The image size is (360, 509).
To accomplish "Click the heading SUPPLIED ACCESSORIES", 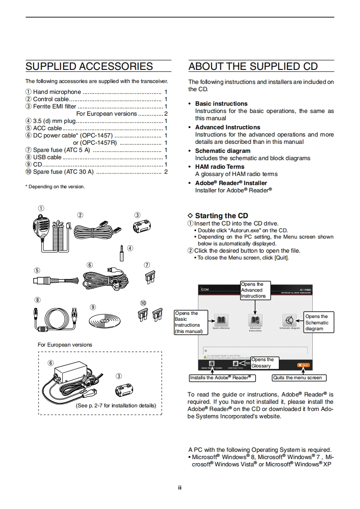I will (x=89, y=66).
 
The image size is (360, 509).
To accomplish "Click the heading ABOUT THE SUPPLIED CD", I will (x=253, y=66).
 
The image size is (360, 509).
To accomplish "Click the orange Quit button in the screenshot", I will (x=303, y=365).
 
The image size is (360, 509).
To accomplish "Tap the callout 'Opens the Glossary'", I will (x=265, y=362).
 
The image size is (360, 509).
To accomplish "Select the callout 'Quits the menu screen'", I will (x=299, y=378).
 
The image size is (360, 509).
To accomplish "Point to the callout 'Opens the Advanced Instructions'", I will (x=255, y=290).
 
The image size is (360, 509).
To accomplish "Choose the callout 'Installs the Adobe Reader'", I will (x=220, y=378).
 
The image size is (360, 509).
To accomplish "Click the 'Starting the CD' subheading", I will (x=222, y=216).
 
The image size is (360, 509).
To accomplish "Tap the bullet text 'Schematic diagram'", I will (x=222, y=151).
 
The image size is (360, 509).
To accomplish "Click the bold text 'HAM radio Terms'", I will (x=220, y=166).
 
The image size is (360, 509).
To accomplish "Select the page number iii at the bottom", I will (x=180, y=488).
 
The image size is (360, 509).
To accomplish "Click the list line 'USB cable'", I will (x=47, y=157).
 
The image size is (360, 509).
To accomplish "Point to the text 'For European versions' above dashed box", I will (x=65, y=345).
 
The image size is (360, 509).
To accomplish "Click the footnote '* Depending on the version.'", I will (x=55, y=186).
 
